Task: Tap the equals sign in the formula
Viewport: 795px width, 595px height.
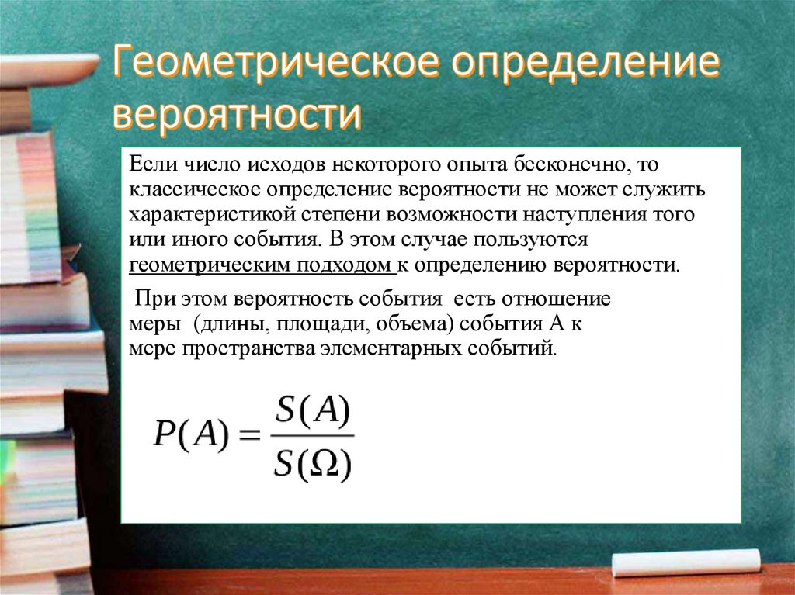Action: (248, 438)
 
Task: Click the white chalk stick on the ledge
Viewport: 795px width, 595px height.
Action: (686, 562)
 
